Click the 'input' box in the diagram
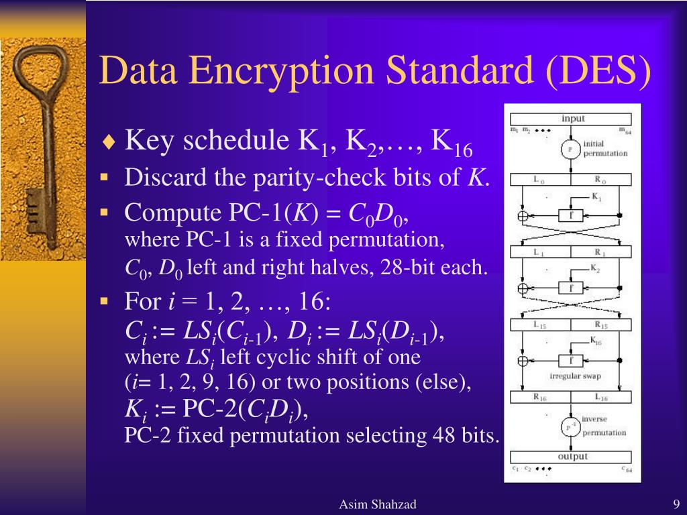[572, 119]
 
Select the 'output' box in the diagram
[572, 456]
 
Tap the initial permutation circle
[570, 149]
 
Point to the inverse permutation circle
[570, 426]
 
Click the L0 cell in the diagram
[540, 180]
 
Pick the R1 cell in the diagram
[600, 252]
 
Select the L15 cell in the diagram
[540, 325]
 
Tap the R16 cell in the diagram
[540, 396]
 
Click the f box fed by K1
[570, 215]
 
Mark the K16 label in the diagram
[595, 341]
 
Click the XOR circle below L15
[523, 361]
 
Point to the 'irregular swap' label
[575, 376]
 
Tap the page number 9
[676, 504]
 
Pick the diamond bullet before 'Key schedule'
[110, 142]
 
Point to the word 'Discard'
[160, 178]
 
